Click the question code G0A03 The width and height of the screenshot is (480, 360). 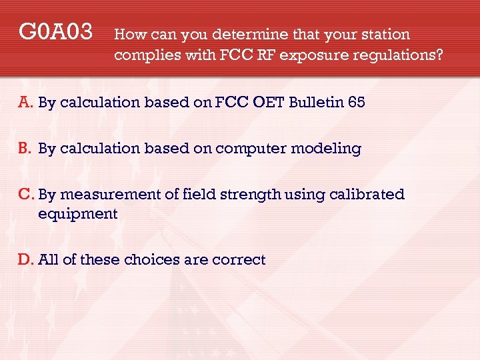click(55, 31)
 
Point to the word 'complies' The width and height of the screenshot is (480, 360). click(142, 55)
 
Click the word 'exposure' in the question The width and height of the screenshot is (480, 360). click(309, 55)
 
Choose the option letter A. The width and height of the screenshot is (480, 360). click(25, 103)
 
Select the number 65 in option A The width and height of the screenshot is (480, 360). click(354, 103)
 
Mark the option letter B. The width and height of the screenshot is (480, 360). click(25, 149)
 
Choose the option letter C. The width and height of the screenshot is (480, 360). click(26, 194)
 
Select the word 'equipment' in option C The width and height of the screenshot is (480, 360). click(78, 214)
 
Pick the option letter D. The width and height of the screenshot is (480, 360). click(26, 259)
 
